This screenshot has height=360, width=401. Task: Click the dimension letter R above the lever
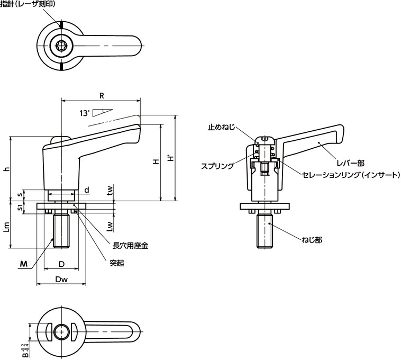point(101,95)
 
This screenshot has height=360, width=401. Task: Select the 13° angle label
point(84,113)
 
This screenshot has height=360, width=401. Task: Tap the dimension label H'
point(169,159)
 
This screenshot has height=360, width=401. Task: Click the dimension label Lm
point(6,228)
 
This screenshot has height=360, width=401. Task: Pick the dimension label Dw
point(61,278)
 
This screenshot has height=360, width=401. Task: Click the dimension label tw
point(110,191)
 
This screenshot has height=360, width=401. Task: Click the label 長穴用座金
point(130,246)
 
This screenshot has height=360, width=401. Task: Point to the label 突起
point(116,263)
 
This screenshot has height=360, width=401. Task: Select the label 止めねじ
point(221,128)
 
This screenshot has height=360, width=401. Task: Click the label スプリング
point(217,166)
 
